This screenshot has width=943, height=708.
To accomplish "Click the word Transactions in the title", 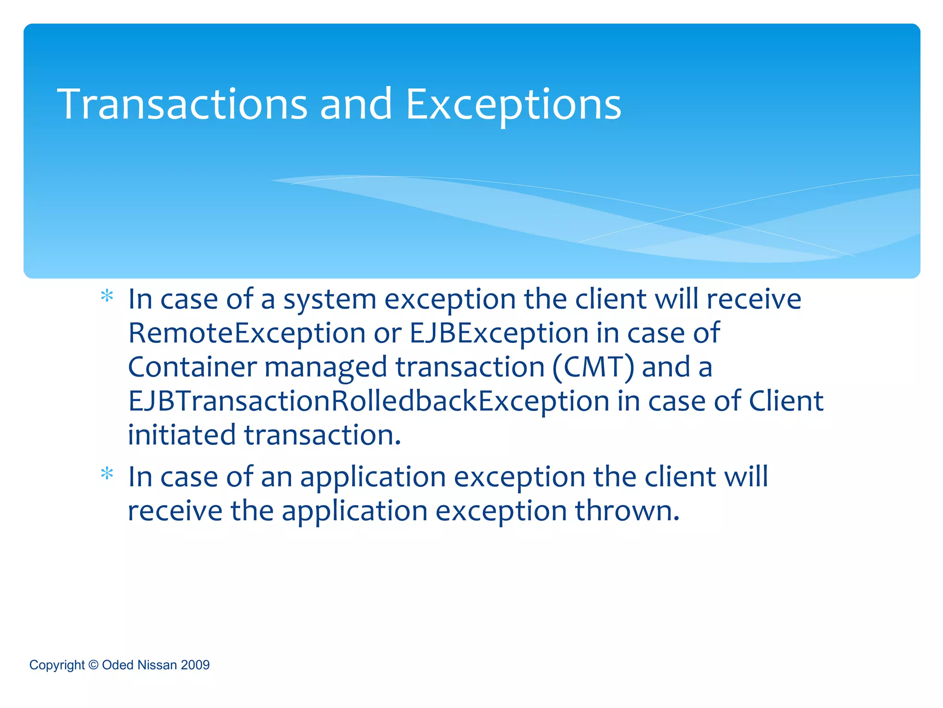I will [x=182, y=105].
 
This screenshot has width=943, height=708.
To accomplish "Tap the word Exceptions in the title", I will [x=513, y=106].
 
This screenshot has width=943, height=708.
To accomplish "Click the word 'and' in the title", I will [x=355, y=105].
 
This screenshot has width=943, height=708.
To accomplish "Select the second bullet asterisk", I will [x=107, y=474].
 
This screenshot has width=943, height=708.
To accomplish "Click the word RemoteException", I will [x=247, y=333].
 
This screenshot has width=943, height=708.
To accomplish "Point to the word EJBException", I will [x=499, y=333].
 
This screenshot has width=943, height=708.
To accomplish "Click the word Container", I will [x=192, y=367].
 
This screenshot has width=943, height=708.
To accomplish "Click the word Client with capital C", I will [x=786, y=401].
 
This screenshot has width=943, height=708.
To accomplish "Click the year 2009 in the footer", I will [x=195, y=665].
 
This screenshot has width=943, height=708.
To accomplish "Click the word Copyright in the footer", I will [x=57, y=666].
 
